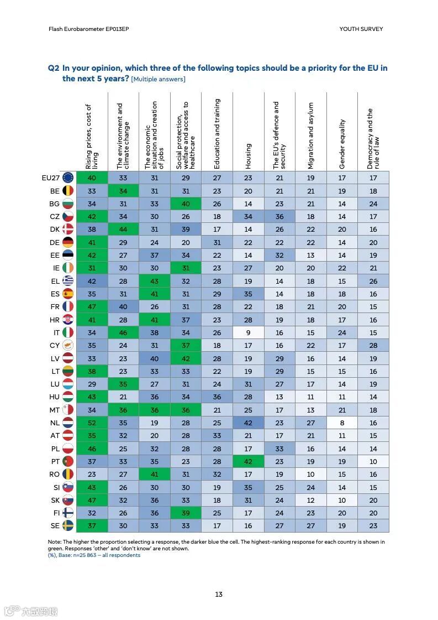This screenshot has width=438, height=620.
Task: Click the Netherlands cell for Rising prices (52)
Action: (92, 423)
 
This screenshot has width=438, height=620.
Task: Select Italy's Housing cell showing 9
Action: (248, 332)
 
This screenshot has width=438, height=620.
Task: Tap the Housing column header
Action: (248, 156)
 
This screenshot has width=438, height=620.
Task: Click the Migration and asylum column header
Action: (311, 136)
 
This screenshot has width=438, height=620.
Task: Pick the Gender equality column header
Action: (342, 144)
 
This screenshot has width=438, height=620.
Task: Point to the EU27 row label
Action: (51, 178)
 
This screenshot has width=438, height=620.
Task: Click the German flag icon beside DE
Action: (68, 242)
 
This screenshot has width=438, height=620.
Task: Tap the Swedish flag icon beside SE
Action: (68, 526)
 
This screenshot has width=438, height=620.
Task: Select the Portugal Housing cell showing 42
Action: (248, 461)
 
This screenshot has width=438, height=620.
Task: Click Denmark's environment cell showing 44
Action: (123, 229)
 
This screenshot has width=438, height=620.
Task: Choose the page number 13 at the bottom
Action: (219, 595)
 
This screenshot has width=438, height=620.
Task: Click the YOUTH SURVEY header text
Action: (361, 29)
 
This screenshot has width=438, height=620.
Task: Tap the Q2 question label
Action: (54, 68)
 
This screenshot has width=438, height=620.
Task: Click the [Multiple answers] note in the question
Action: (158, 79)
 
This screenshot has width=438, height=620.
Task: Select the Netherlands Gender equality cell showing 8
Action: (342, 423)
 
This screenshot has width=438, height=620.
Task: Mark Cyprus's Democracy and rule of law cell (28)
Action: (373, 345)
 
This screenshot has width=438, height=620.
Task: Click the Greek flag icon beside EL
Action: (68, 281)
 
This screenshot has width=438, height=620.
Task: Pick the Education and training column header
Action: (217, 134)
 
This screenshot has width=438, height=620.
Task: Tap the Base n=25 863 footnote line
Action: (94, 555)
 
